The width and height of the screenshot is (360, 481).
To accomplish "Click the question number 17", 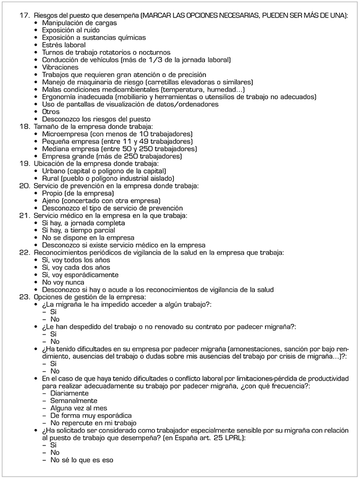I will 23,15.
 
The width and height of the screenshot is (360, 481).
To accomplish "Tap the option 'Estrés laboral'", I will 63,45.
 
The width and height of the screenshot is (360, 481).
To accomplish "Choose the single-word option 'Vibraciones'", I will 60,67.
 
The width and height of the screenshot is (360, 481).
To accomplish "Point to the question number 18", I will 23,127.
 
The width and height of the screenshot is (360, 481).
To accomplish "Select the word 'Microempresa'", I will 66,134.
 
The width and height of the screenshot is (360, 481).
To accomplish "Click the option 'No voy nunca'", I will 64,282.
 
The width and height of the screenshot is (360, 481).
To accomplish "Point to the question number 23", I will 23,297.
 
